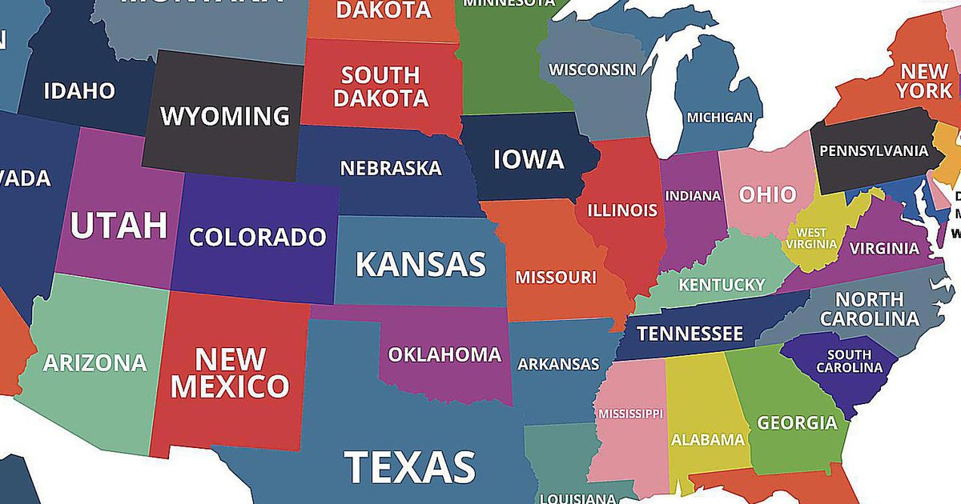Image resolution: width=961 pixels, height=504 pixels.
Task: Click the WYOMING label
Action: [x=225, y=116]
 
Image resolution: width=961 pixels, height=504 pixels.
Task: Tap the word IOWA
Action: [x=529, y=159]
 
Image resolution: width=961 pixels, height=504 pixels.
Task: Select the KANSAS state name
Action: [x=420, y=263]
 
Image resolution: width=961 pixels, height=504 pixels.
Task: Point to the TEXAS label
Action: [x=410, y=467]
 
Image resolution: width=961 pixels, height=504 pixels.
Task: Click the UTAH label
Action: [x=119, y=226]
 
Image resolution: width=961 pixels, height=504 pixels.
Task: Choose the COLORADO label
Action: [x=258, y=238]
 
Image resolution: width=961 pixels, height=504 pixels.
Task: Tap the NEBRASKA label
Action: [x=391, y=169]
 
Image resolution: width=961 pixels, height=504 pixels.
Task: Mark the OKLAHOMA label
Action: [x=444, y=354]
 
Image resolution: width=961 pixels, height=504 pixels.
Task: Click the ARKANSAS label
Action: [x=558, y=364]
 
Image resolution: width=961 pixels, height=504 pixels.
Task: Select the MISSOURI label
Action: [x=556, y=278]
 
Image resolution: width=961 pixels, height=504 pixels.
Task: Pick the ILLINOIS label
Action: [x=622, y=211]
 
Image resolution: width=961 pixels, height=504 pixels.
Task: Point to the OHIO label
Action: [x=767, y=194]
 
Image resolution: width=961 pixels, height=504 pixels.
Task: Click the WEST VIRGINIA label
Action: [x=811, y=238]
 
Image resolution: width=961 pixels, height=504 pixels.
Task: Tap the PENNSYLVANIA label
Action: [x=874, y=150]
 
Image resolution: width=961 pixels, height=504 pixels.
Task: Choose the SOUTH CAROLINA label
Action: [x=849, y=361]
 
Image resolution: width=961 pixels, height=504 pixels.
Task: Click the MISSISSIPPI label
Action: [x=630, y=414]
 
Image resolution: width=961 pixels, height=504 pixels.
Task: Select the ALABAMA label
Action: [x=708, y=439]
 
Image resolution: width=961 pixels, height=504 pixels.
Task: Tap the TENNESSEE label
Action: [x=690, y=334]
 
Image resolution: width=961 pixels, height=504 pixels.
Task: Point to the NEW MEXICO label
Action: [x=230, y=372]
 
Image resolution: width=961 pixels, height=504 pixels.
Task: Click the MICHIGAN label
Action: [x=720, y=118]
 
